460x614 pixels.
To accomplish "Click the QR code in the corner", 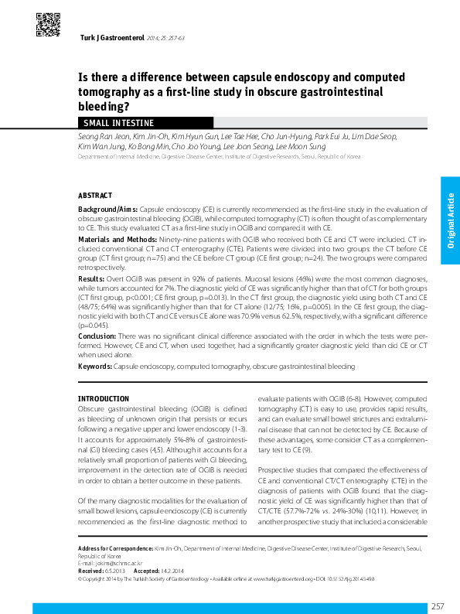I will pyautogui.click(x=49, y=26).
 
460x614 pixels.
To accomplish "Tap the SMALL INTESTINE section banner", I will pyautogui.click(x=118, y=123).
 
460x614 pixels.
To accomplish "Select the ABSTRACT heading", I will pyautogui.click(x=95, y=196).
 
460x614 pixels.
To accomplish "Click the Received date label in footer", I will pyautogui.click(x=91, y=570).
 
